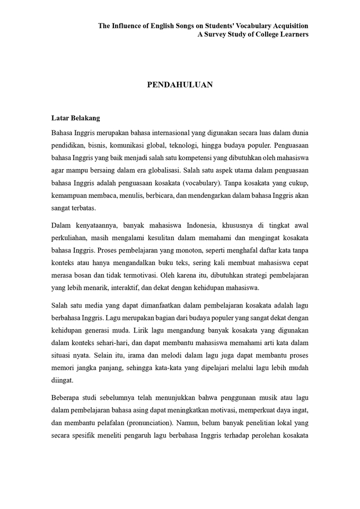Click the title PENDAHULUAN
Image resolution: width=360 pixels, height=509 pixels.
click(180, 84)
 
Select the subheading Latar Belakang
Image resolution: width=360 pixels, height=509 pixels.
click(76, 118)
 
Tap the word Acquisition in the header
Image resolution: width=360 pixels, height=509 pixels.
click(288, 25)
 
